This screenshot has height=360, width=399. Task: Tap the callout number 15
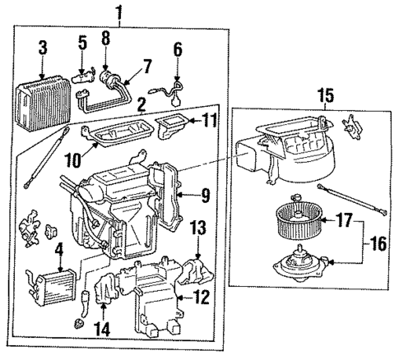(326, 96)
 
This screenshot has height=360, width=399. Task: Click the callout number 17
(343, 220)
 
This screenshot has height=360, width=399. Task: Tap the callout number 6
(179, 48)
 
